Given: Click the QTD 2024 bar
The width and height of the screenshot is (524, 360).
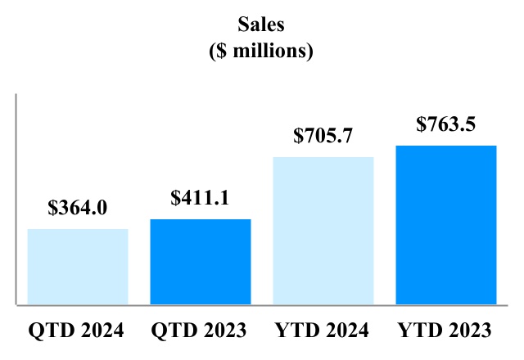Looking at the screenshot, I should click(78, 266).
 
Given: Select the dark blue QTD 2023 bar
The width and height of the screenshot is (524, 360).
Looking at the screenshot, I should click(201, 262).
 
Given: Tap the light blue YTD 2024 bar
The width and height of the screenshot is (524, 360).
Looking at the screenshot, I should click(323, 231).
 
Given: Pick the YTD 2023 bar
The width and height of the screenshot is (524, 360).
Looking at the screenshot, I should click(446, 225).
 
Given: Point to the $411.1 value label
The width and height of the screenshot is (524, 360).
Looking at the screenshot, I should click(201, 198).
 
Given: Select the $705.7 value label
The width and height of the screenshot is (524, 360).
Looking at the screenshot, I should click(323, 136).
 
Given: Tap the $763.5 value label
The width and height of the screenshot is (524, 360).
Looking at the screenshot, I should click(446, 124).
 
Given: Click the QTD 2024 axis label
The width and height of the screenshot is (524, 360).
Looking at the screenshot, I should click(77, 331).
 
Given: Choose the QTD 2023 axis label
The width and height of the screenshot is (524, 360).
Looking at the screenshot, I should click(200, 331).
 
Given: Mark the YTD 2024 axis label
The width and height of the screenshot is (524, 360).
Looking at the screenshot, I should click(323, 331).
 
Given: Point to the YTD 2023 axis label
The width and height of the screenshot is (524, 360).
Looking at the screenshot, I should click(445, 331).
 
